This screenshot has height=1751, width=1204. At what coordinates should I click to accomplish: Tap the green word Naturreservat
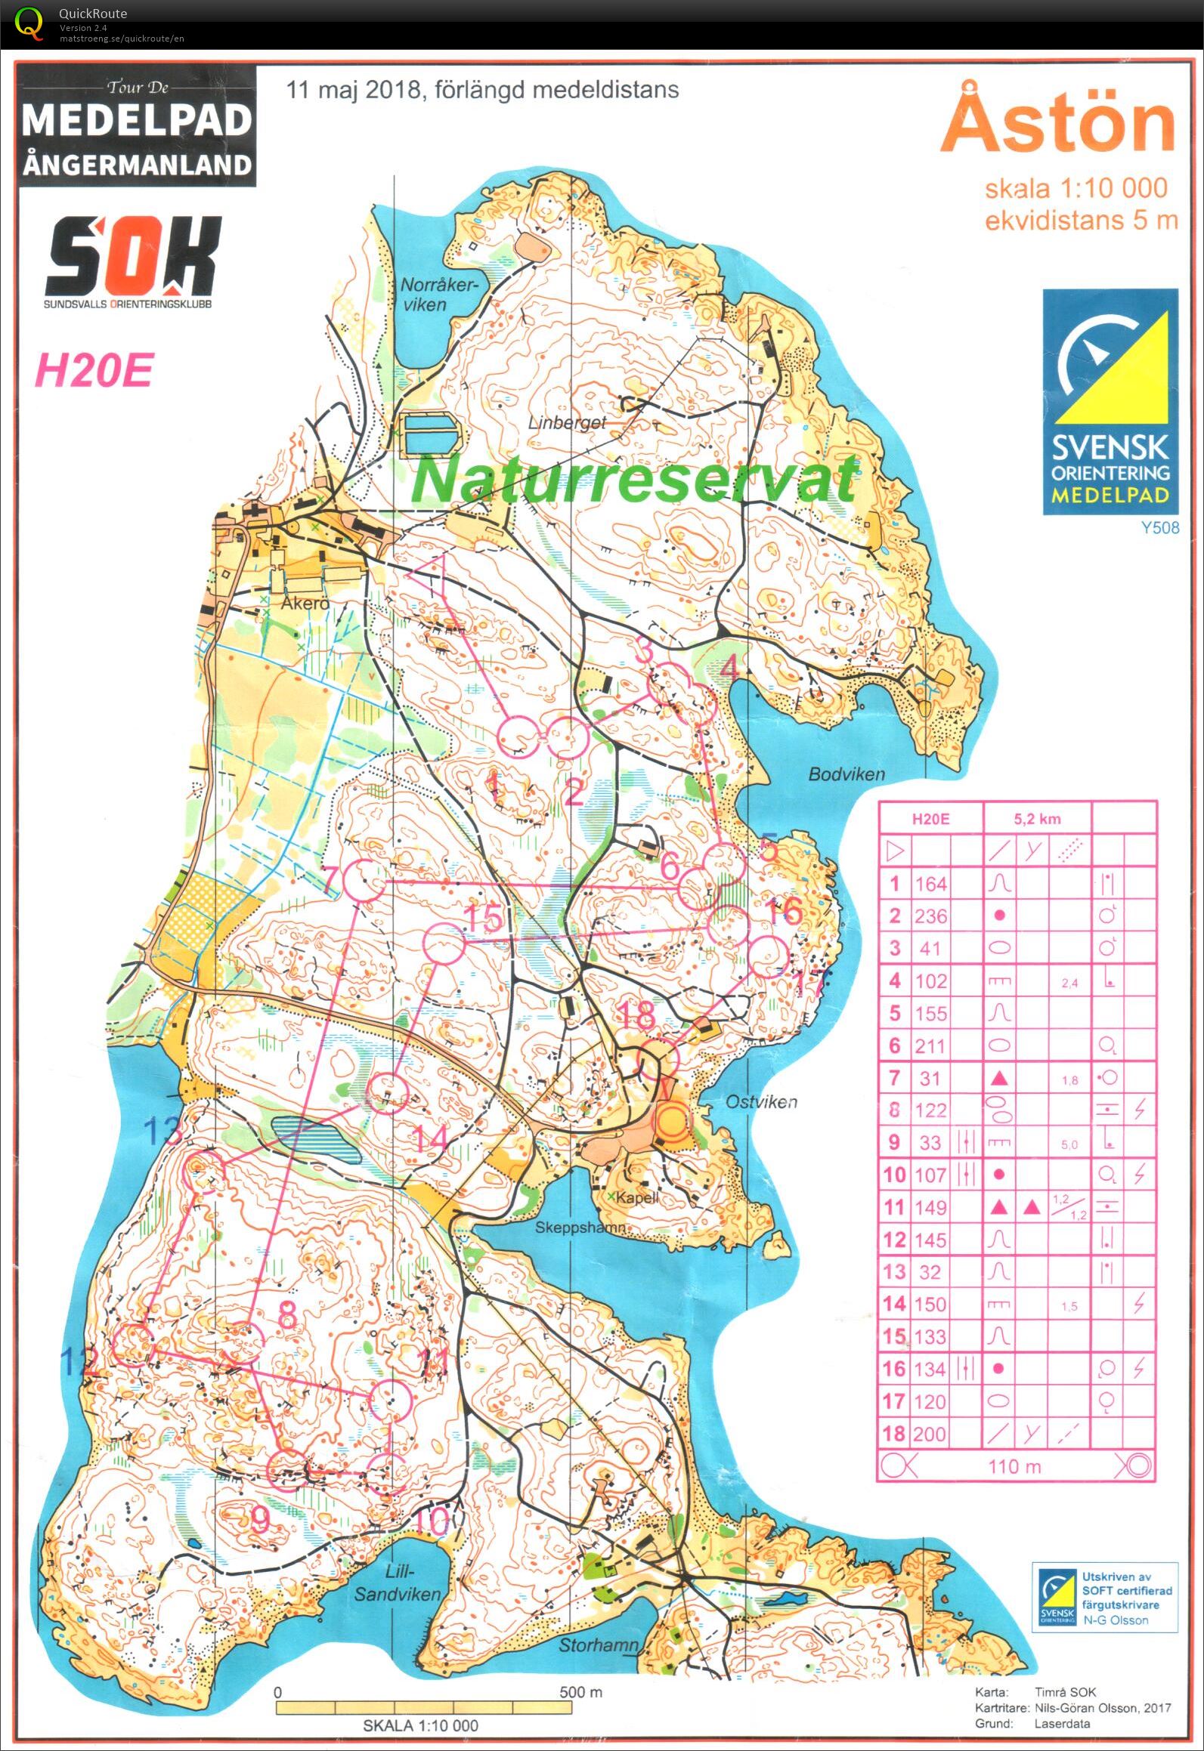635,479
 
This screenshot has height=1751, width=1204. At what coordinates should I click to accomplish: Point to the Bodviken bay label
846,774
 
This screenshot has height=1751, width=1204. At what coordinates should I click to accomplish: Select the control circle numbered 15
443,943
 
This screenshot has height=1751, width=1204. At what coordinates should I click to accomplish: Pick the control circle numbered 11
392,1399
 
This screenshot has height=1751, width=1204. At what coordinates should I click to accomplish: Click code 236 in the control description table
930,916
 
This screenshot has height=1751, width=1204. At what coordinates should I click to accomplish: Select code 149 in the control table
930,1207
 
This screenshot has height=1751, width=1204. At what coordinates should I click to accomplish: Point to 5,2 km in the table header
1037,819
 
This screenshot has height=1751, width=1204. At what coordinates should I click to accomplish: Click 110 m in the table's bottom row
1014,1466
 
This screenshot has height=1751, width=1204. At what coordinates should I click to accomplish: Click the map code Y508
1160,527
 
